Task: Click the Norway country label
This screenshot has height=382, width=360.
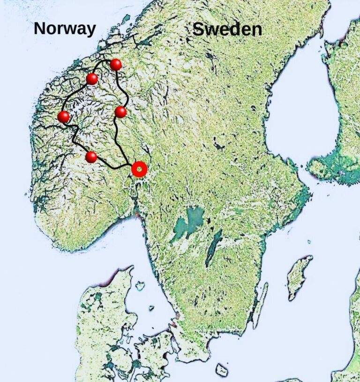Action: tap(65, 29)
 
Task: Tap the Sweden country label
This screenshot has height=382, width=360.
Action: tap(227, 30)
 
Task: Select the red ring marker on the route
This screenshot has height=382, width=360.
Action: tap(139, 169)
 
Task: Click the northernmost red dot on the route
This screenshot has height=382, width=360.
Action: tap(116, 65)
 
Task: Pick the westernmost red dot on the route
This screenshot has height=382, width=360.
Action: tap(63, 117)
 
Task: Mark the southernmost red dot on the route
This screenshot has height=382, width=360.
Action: tap(91, 157)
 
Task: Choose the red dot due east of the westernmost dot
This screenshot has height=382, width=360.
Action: tap(120, 112)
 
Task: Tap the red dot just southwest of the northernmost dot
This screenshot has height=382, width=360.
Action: tap(92, 79)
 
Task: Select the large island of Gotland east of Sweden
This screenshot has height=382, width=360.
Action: tap(299, 277)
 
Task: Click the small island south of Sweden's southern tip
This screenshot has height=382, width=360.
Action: tap(221, 370)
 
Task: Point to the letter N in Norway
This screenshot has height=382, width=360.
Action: tap(40, 29)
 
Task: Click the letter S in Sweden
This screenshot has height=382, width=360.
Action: tap(199, 30)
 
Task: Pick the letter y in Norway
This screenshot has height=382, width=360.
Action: tap(91, 31)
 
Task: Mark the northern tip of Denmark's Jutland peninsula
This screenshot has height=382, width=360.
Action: tap(128, 269)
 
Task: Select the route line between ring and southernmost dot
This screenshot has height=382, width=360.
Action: tap(112, 166)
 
